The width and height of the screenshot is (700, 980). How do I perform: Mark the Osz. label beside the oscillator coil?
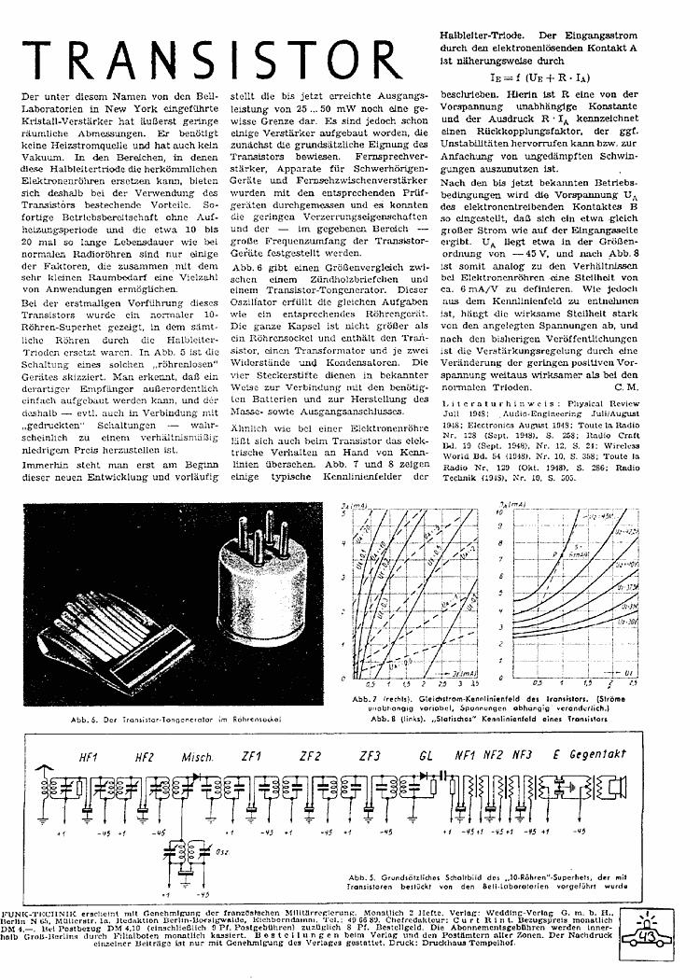coord(226,850)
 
